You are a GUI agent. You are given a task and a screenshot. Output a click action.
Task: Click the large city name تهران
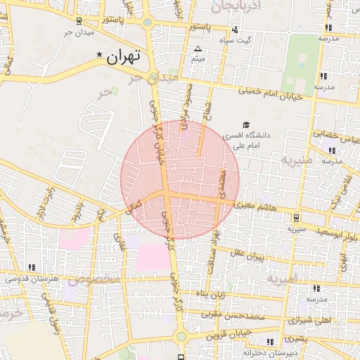pyautogui.click(x=124, y=56)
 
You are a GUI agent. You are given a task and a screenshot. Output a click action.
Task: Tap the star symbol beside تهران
pyautogui.click(x=99, y=55)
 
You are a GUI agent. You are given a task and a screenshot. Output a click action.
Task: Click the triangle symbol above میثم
pyautogui.click(x=198, y=49)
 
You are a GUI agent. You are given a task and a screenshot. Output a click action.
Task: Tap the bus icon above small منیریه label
pyautogui.click(x=296, y=217)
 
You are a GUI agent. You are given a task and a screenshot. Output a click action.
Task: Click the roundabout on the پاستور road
pyautogui.click(x=148, y=22)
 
